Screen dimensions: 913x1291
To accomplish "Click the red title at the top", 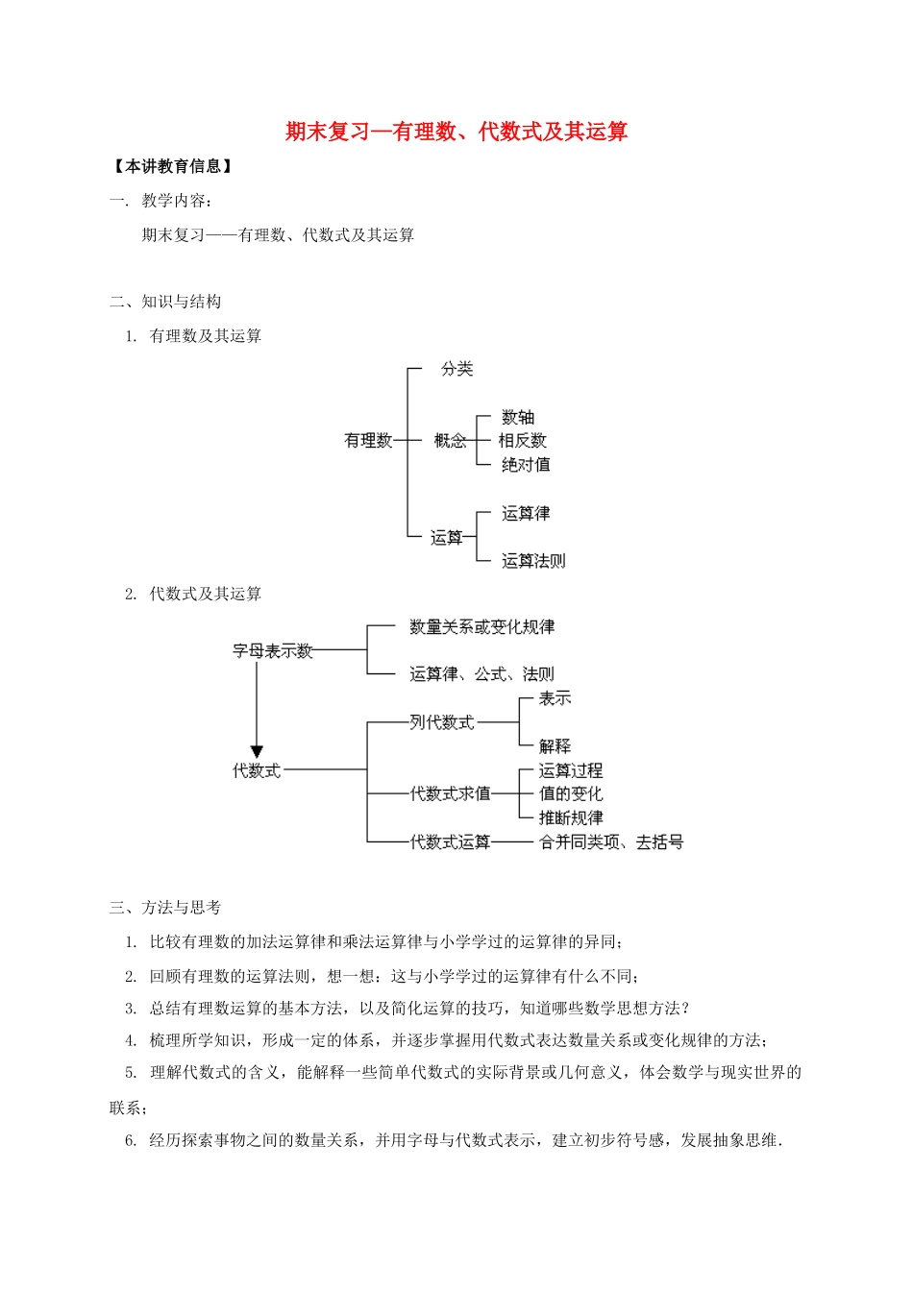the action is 456,132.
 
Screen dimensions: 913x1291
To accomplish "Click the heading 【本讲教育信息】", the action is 173,167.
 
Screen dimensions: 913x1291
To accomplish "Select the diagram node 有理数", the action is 368,441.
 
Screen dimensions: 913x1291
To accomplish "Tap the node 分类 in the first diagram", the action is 456,369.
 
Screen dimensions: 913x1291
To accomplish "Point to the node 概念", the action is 450,441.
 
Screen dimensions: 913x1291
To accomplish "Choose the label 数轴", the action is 518,418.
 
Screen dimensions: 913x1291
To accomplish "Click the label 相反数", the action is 523,441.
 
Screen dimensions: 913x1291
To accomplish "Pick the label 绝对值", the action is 526,465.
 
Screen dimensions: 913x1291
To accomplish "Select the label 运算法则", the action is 533,561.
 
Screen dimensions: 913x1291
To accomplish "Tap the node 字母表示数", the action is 273,651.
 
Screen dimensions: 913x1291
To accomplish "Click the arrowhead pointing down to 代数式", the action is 257,751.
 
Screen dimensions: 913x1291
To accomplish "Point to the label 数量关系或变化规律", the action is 481,627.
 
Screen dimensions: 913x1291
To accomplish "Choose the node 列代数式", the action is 442,722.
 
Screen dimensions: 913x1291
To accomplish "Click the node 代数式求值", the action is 450,794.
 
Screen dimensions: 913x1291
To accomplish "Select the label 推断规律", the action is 571,818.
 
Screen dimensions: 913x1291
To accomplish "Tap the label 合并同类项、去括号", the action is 611,842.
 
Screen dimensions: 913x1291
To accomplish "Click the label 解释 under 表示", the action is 555,746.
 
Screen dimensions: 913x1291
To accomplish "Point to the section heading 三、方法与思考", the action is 165,908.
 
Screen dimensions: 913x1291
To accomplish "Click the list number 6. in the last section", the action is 131,1141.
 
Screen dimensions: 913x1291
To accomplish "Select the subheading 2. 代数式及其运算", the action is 193,595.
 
